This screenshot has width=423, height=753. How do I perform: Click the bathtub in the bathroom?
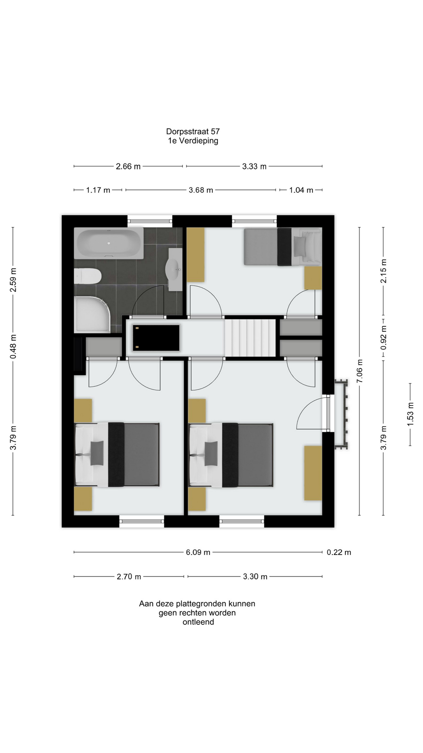[x=109, y=243]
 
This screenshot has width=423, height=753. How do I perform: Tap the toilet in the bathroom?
[x=88, y=276]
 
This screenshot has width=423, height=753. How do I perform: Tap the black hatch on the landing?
[x=156, y=338]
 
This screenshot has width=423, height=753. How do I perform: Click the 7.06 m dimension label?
[x=360, y=371]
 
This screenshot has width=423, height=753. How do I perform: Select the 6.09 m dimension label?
[x=198, y=552]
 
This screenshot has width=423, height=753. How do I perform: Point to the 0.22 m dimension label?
[x=339, y=552]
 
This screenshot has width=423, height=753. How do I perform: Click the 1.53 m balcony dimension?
[x=410, y=414]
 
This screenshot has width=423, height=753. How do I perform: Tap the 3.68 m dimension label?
[x=201, y=190]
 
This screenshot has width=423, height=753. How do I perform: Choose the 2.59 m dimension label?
[x=13, y=280]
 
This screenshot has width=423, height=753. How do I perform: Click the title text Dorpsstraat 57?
[x=193, y=132]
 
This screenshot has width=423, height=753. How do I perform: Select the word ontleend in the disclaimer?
[x=198, y=622]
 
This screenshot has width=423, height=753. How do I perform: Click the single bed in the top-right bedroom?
[x=282, y=247]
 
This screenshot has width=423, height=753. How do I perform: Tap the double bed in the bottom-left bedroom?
[x=117, y=455]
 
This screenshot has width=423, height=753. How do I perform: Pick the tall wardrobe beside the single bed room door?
[x=195, y=255]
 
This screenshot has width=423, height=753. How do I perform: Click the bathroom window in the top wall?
[x=150, y=221]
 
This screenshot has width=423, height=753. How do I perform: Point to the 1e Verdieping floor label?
[x=193, y=141]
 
